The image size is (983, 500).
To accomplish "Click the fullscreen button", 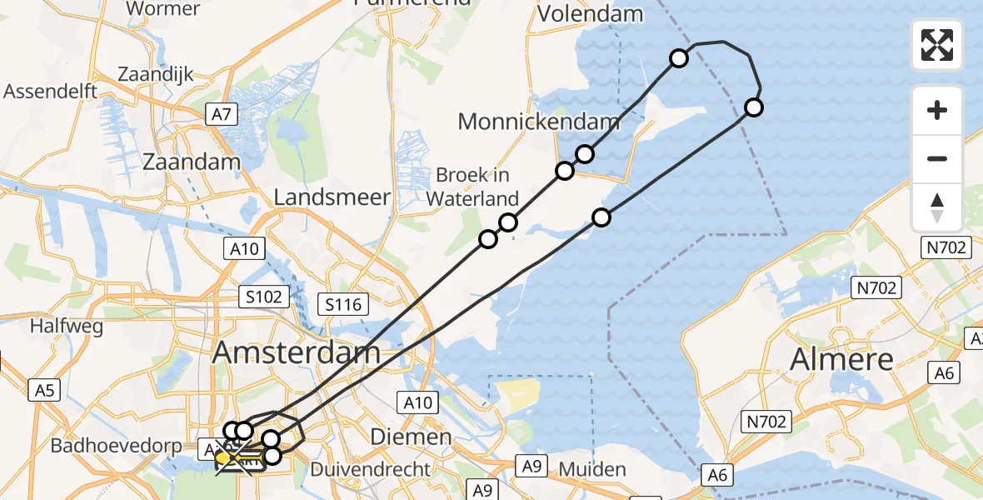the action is tap(937, 45).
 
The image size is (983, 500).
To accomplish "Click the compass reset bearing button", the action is tap(937, 207).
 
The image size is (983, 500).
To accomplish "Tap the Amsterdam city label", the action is tap(296, 352).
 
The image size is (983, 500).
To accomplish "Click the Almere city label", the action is tap(841, 359).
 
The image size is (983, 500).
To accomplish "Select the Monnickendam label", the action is tap(539, 122).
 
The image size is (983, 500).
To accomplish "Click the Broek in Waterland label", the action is tap(472, 187).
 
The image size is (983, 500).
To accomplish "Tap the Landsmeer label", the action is tap(332, 197).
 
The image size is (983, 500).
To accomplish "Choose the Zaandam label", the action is tap(192, 162).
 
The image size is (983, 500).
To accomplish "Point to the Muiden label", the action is tap(591, 469).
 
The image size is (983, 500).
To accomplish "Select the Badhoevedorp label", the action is tap(116, 445).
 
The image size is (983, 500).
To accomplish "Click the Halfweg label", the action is tap(67, 327).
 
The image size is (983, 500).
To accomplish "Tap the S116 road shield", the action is tap(344, 304).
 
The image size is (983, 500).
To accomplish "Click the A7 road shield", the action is tap(222, 114).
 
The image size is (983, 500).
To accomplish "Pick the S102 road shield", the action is tap(265, 296).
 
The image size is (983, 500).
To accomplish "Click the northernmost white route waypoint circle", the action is tap(679, 57).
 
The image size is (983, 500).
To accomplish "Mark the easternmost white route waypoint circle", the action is tap(753, 107).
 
